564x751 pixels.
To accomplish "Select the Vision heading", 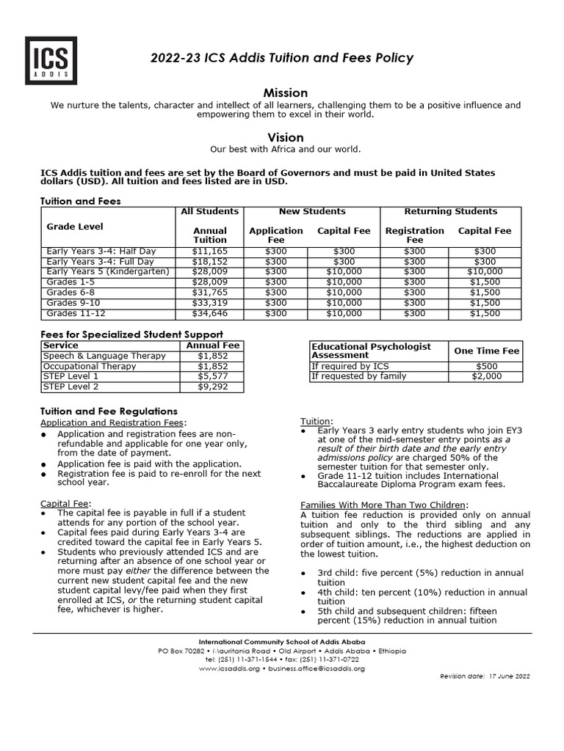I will (x=285, y=137).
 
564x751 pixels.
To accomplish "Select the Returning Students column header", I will (x=450, y=212).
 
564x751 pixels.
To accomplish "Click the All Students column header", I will (x=210, y=212).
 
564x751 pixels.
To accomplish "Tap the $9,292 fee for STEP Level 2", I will (x=212, y=387).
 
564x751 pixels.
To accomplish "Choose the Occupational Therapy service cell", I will (x=90, y=366).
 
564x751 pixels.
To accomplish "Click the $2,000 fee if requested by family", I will (x=486, y=376).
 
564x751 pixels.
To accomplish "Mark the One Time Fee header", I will (x=486, y=351).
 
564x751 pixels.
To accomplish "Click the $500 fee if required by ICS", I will (x=486, y=366).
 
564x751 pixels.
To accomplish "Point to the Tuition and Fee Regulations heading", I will (x=109, y=411).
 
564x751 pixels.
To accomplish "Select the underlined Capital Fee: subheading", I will (x=65, y=503).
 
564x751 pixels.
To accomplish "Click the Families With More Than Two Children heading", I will (x=384, y=505).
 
